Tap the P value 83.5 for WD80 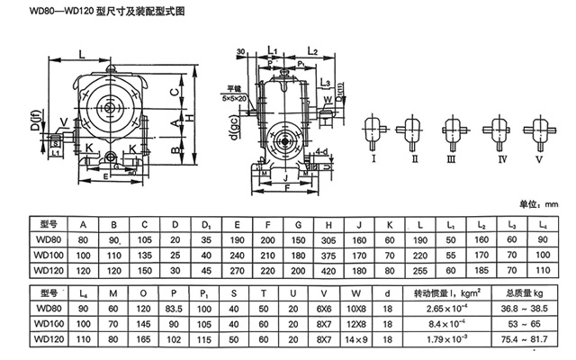[175, 309]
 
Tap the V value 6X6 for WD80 [326, 309]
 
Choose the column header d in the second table [388, 292]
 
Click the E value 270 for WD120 [237, 270]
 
